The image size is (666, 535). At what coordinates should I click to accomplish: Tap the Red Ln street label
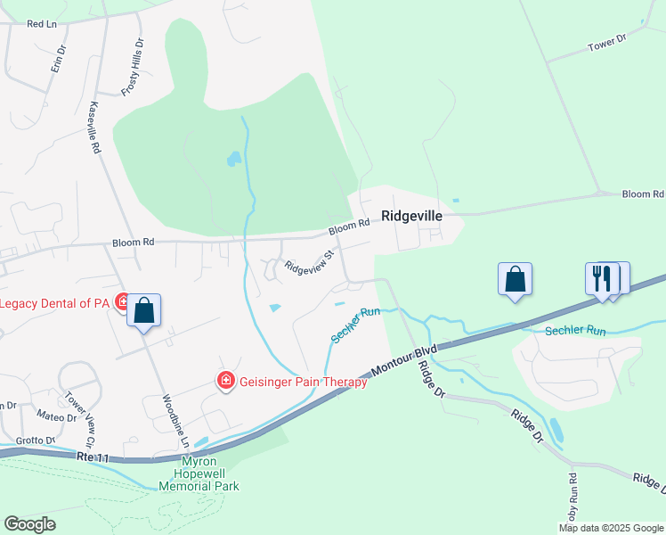42,24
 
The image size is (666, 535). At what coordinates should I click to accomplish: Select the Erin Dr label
58,60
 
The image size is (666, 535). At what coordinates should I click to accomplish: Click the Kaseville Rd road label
93,128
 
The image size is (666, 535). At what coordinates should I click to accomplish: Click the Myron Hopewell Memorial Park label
199,473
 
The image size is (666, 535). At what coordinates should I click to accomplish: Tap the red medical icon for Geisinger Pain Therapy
226,382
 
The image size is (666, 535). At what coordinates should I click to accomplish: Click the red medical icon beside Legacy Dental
121,303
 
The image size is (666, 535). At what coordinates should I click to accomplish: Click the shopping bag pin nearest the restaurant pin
516,278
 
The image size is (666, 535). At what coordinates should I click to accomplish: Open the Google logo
29,524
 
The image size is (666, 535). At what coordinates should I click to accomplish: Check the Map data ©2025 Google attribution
610,528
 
